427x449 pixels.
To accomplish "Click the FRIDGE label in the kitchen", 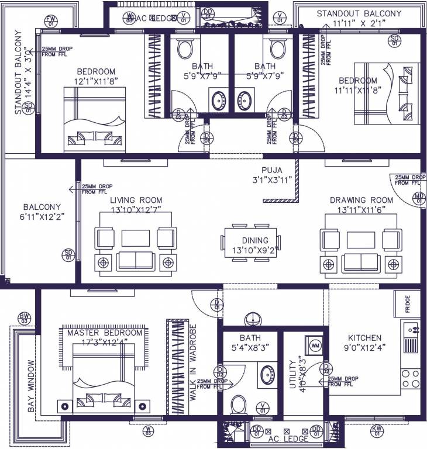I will [x=407, y=305].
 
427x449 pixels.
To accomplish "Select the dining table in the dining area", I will [x=255, y=241].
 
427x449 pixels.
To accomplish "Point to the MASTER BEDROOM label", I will [x=105, y=333].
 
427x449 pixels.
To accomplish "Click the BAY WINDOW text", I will [x=31, y=386].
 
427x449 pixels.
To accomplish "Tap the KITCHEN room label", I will [x=365, y=338].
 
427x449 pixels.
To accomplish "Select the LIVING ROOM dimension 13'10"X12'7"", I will [x=136, y=209].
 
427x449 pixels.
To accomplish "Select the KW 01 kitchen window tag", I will [x=377, y=431].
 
